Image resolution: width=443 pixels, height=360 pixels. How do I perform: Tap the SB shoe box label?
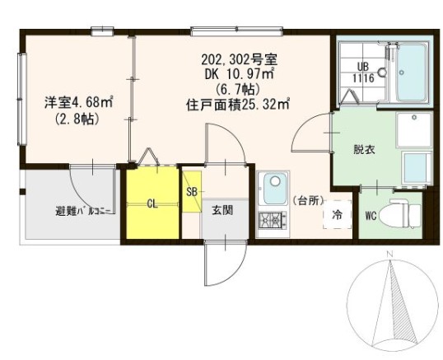191,192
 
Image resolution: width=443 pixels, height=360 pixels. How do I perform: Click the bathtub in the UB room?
409,72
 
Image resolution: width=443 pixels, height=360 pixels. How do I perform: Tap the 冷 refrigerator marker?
338,215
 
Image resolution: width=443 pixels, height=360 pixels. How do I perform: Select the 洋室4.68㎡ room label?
78,103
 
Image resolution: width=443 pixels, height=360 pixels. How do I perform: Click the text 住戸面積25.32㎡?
239,104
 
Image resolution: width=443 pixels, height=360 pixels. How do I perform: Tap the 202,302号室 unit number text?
238,59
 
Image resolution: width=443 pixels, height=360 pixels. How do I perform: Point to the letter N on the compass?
390,255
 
